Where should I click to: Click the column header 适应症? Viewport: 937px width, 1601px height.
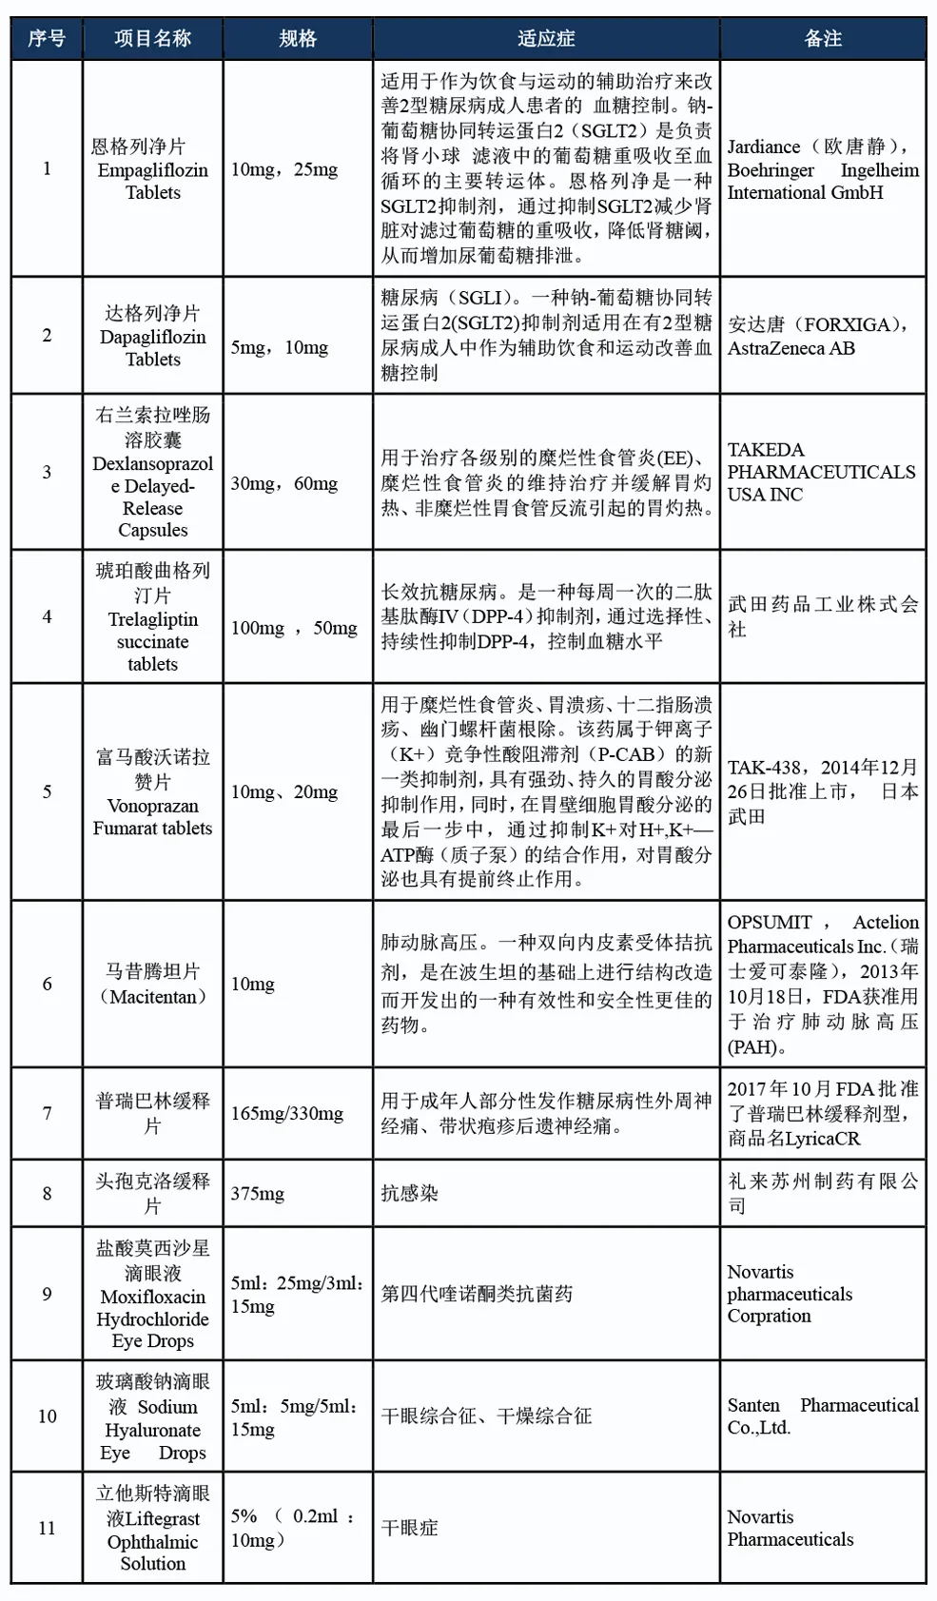tap(546, 38)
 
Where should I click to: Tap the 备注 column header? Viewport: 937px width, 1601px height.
tap(823, 38)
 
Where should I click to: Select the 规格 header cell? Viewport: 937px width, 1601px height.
tap(298, 38)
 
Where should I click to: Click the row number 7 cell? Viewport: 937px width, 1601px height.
tap(47, 1113)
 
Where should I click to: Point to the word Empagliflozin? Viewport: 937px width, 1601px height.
tap(152, 170)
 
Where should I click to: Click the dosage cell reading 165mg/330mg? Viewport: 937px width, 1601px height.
tap(287, 1113)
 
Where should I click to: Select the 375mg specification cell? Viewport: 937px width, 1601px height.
tap(258, 1193)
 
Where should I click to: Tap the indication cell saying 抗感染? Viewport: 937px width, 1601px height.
tap(410, 1193)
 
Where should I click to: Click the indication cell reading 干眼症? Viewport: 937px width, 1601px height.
tap(410, 1528)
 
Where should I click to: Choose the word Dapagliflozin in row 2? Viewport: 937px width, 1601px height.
tap(152, 337)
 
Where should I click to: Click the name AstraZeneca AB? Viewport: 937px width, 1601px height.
tap(791, 348)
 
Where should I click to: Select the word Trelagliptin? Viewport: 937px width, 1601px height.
tap(152, 619)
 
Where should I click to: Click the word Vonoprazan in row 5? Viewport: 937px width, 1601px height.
tap(152, 806)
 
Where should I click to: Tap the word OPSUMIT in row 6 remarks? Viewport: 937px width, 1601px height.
tap(770, 922)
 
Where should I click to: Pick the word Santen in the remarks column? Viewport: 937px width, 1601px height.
tap(753, 1405)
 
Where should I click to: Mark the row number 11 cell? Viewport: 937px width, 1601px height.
tap(47, 1528)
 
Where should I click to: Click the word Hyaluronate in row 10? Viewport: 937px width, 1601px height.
tap(152, 1430)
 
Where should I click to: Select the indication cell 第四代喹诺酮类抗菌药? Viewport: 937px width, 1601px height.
tap(477, 1294)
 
